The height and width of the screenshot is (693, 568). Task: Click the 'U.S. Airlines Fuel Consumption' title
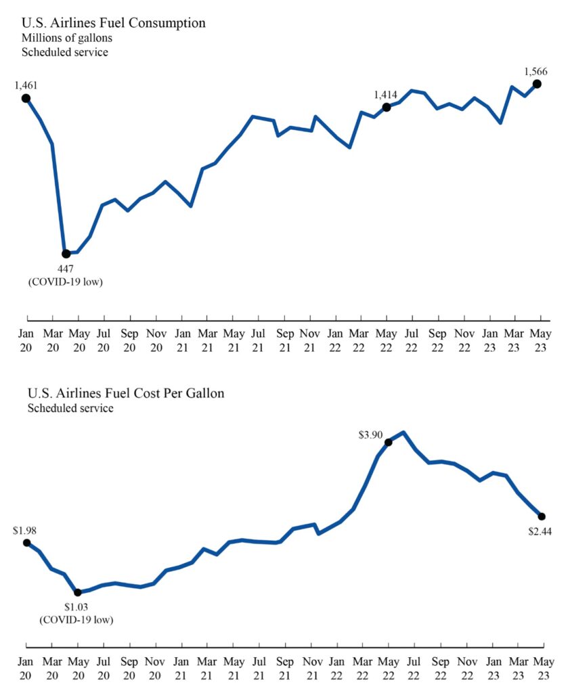pos(114,23)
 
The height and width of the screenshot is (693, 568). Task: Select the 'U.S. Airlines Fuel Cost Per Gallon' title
pos(125,393)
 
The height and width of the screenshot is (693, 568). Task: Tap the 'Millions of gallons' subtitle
pos(66,38)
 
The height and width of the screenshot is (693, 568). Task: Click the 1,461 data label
pos(26,85)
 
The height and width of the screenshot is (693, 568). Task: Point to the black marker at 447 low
pos(66,254)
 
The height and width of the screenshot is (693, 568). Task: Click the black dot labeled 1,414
pos(387,107)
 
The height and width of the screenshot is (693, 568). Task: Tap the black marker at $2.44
pos(542,516)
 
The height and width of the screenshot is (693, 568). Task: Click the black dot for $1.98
pos(26,542)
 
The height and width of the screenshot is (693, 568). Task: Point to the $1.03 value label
pos(76,606)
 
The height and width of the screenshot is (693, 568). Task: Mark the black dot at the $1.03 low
pos(78,592)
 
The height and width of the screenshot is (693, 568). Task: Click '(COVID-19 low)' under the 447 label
pos(65,281)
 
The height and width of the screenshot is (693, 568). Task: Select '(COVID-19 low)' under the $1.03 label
pos(76,619)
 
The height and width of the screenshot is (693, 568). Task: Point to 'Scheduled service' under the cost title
pos(70,408)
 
